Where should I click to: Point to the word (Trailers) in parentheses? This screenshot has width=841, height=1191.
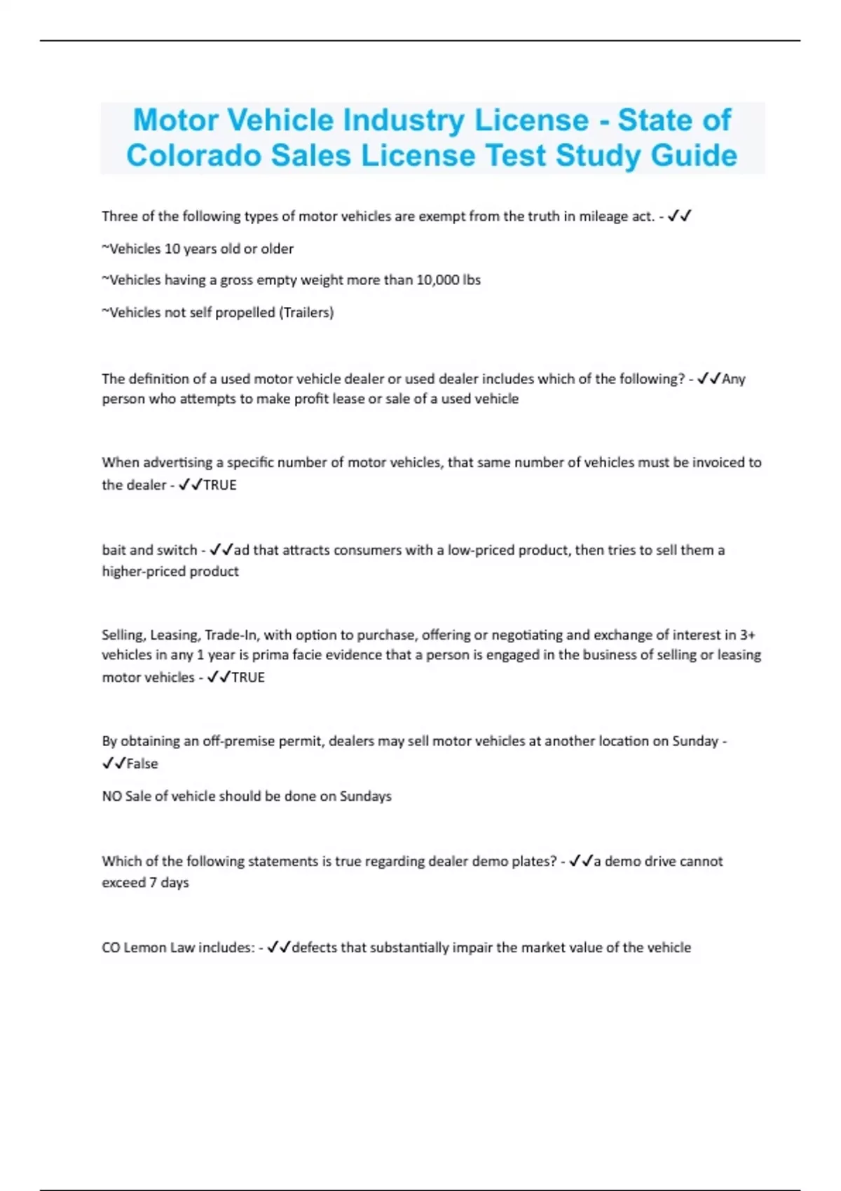coord(306,312)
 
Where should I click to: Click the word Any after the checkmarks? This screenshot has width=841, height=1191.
coord(734,379)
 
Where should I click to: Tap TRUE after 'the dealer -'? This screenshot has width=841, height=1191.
coord(220,485)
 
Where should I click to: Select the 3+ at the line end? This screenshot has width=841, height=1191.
coord(748,635)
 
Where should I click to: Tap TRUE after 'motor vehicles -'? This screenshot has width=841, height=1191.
coord(248,677)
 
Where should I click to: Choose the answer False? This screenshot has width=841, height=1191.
coord(142,764)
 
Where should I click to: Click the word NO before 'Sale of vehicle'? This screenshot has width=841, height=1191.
coord(111,797)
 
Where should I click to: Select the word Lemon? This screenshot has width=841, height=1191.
coord(146,948)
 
